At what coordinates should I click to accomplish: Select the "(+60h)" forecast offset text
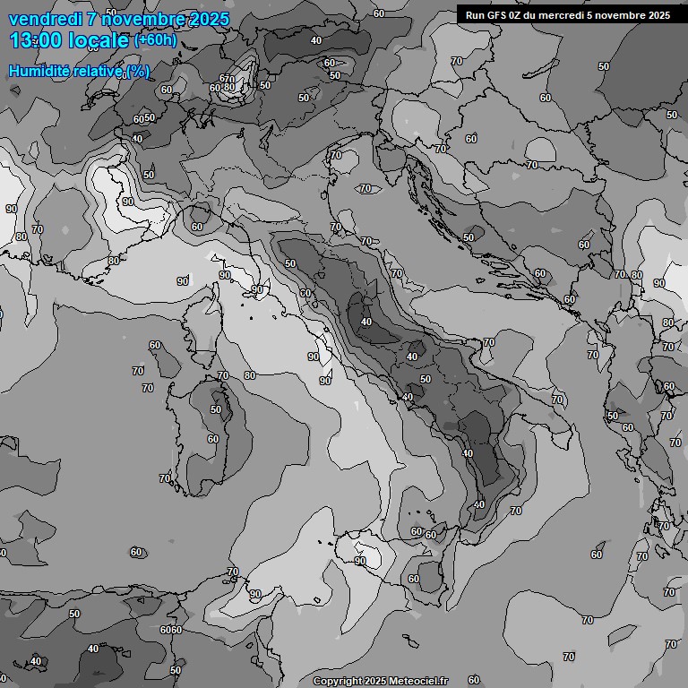point(156,40)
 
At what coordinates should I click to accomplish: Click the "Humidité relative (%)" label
point(79,71)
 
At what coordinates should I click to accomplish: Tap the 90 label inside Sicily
point(360,562)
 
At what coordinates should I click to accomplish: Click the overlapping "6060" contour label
point(171,630)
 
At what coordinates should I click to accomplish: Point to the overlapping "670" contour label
point(227,80)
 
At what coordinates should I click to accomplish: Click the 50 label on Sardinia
point(216,409)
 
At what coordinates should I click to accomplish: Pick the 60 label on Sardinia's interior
point(212,439)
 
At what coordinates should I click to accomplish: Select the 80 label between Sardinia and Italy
point(249,375)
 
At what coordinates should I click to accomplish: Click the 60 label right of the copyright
point(474,680)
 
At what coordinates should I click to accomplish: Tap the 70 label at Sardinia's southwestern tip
point(165,478)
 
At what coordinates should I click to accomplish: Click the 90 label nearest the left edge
point(11,209)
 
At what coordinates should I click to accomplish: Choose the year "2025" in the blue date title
point(203,19)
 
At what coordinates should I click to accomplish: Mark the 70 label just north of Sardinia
point(223,375)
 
